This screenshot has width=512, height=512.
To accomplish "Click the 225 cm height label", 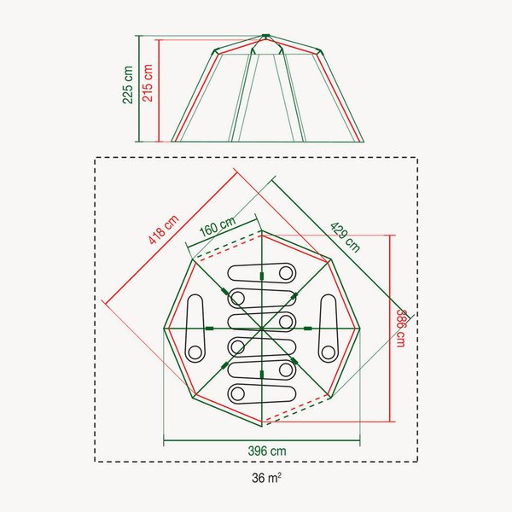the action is point(128,84).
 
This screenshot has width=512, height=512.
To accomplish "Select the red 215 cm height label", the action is point(148,83).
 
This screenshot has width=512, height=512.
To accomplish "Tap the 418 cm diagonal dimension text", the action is point(164,230).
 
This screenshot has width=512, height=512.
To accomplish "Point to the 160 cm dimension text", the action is point(218,225).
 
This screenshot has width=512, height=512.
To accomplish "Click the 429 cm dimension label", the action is point(345,237).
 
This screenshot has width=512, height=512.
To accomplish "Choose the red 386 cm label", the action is point(401,329).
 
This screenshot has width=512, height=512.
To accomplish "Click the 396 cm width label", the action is point(267,451).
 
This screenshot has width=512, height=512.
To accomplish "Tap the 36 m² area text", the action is point(266,478).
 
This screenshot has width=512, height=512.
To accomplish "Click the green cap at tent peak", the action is point(265,35).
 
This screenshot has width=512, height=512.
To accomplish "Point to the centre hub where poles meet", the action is point(262,329).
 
